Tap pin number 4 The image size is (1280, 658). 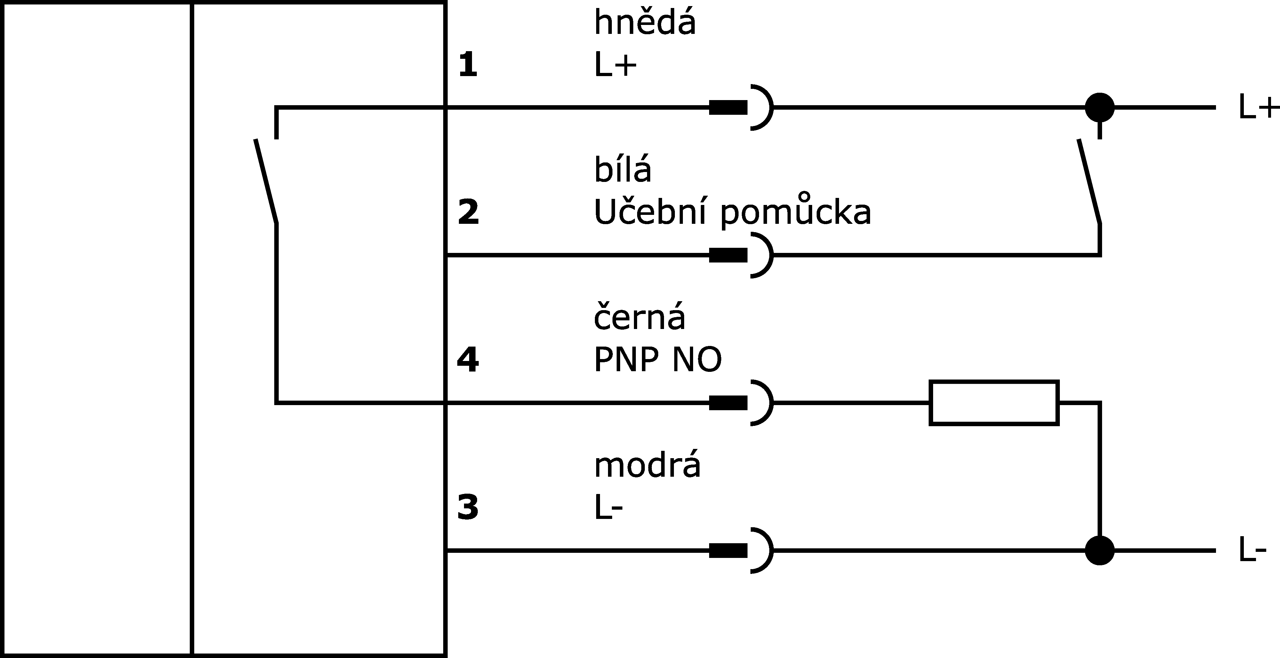tap(468, 360)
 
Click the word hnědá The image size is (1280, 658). tap(644, 23)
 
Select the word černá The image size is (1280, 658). tap(639, 316)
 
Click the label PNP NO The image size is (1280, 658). tap(657, 360)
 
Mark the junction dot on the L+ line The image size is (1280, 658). tap(1100, 107)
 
